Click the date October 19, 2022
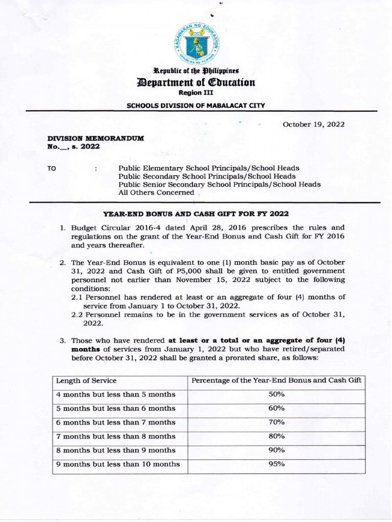[313, 124]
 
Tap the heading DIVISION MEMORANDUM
[96, 138]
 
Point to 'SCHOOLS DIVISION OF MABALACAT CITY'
[196, 106]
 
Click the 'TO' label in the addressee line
[51, 168]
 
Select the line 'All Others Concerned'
[156, 193]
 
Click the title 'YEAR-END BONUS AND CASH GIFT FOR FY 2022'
[197, 214]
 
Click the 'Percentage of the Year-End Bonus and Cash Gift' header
[276, 381]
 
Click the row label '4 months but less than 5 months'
[116, 395]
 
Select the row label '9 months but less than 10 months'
[118, 464]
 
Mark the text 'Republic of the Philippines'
[196, 70]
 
